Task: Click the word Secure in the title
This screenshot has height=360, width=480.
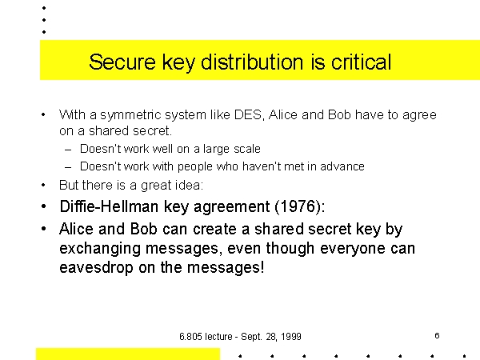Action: point(122,62)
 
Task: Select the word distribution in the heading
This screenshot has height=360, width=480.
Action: point(252,62)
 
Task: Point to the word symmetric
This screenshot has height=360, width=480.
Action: point(131,115)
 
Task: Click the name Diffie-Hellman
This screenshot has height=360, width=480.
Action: point(109,206)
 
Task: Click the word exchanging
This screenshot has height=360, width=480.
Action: point(100,249)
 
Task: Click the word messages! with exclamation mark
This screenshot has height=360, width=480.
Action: point(226,267)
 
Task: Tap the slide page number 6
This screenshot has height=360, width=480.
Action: point(437,336)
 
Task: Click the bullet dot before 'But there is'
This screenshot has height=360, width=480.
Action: point(43,185)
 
